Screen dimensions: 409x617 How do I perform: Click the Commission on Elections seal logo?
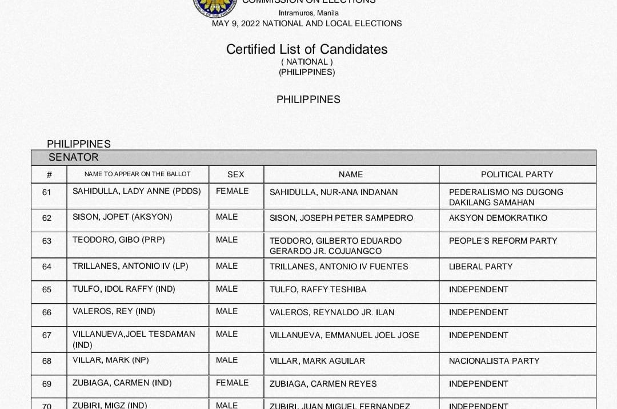pos(217,6)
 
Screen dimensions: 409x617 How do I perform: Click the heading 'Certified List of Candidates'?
pos(307,49)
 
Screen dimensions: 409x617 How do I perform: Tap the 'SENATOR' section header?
pos(74,157)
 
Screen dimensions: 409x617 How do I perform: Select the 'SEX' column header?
pos(235,174)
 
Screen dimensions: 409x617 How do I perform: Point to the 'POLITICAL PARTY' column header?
pos(517,174)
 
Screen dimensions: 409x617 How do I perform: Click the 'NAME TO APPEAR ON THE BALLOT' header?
pos(138,174)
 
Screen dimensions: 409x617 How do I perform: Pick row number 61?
pos(47,192)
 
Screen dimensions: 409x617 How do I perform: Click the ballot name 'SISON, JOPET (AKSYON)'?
pos(122,217)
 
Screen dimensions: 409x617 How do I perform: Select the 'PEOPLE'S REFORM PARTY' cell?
pos(503,241)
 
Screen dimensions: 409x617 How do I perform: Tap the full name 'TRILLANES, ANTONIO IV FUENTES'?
pos(339,267)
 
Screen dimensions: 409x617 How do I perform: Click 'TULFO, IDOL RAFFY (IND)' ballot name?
pos(124,289)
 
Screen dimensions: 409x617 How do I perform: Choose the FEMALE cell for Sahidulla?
pos(232,191)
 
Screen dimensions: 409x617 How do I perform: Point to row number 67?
pos(47,335)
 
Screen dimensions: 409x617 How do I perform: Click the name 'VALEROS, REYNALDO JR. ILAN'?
pos(332,312)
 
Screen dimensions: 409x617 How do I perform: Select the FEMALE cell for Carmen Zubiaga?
pos(232,383)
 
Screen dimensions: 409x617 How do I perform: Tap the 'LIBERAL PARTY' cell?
pos(480,267)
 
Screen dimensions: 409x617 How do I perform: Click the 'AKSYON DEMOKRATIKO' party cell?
pos(498,218)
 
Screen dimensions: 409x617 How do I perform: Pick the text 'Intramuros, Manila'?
pos(308,13)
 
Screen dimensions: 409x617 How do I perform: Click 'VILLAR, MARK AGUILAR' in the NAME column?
pos(317,361)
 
